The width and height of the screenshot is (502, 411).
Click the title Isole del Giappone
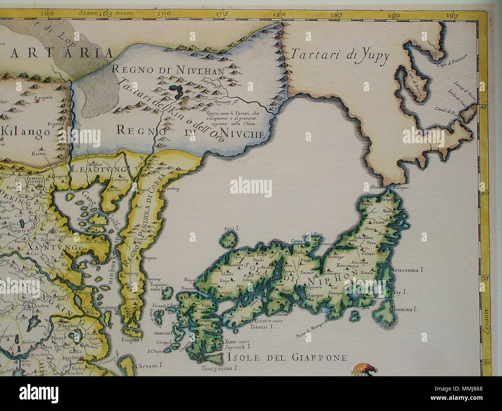tap(286, 358)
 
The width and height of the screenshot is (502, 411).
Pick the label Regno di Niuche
tap(191, 134)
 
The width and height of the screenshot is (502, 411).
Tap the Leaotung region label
tap(99, 169)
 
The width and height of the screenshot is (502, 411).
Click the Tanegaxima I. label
tap(220, 369)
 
